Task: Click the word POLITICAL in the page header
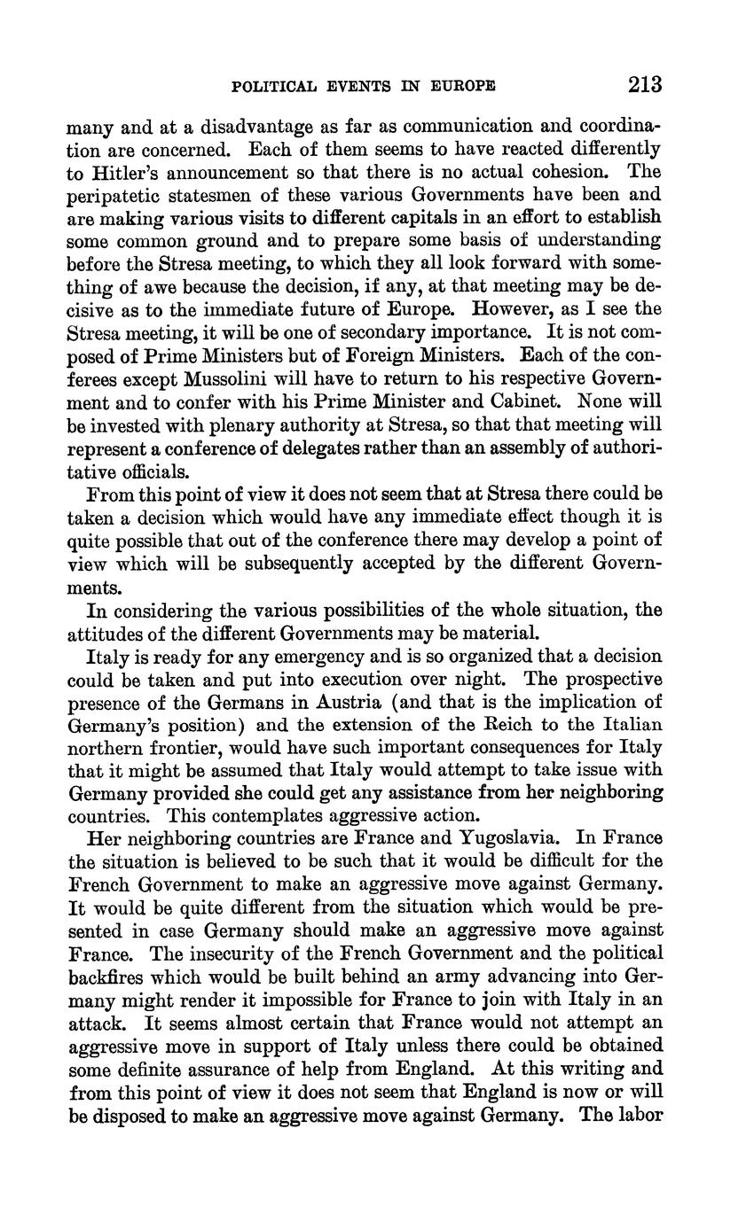pos(273,86)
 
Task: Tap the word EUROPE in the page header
pos(463,86)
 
